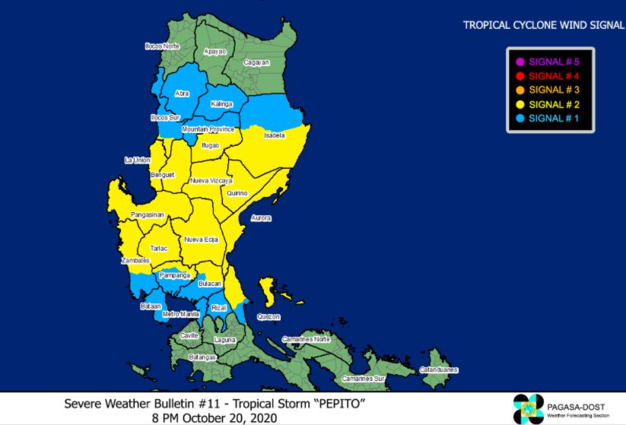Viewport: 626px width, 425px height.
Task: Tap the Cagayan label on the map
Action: click(256, 62)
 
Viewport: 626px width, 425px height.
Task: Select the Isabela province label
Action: click(274, 135)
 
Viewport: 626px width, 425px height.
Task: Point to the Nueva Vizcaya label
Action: click(211, 180)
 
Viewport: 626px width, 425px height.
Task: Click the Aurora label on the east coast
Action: click(261, 218)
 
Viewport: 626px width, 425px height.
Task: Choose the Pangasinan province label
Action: click(147, 215)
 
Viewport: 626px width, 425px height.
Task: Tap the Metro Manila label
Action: click(181, 313)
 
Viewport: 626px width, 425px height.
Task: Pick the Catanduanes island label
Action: click(439, 370)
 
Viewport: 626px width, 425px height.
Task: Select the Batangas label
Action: click(203, 357)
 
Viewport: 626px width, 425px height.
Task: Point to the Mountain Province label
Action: click(208, 130)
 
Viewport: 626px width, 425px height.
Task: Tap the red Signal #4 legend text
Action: click(553, 76)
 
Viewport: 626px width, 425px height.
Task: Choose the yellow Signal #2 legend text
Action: click(553, 104)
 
